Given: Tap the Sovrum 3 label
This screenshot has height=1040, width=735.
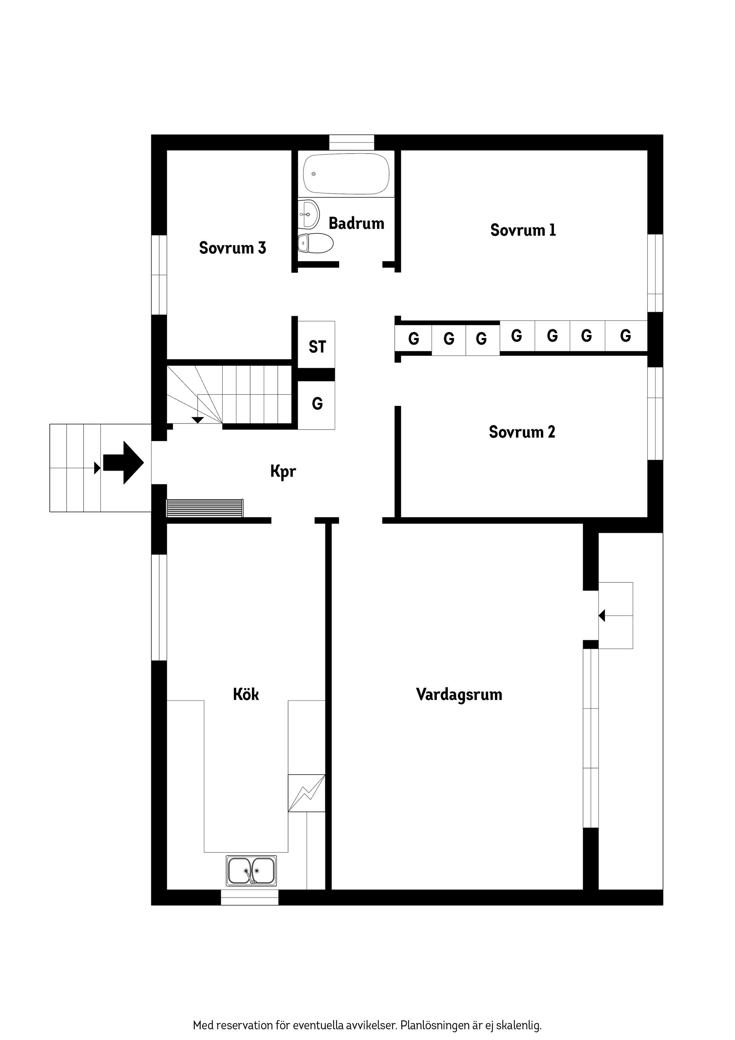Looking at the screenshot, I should pos(232,248).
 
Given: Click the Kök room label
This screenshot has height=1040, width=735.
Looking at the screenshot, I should pos(246,694).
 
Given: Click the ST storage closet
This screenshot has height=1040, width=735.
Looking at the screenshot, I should pos(317,347).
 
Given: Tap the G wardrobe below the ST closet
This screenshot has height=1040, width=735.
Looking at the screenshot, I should pos(317,404).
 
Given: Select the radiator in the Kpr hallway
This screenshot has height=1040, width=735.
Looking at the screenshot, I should pos(205,508).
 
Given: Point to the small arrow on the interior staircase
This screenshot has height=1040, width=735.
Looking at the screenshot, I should pos(198,420).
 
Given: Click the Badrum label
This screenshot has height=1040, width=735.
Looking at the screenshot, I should pos(356,223).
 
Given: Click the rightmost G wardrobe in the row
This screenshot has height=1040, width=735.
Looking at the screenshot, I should pos(626,336).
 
